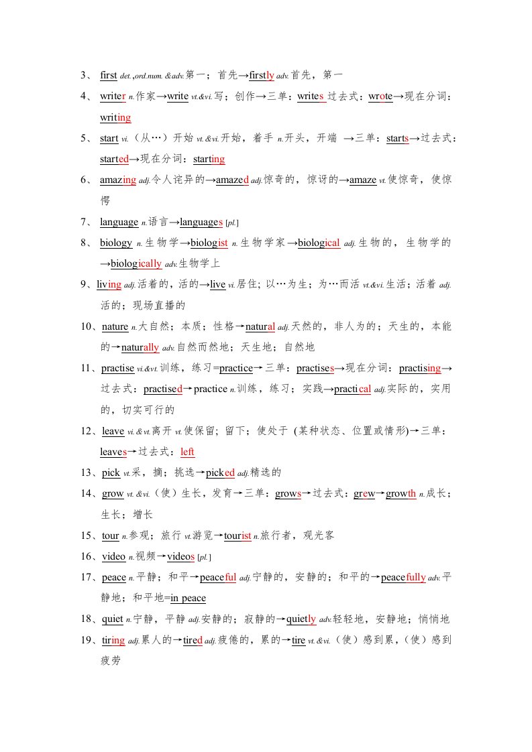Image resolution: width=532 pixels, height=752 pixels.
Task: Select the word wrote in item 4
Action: click(x=380, y=97)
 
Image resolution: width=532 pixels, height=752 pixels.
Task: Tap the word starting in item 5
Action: click(x=209, y=160)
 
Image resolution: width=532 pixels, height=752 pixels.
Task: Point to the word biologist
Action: click(x=210, y=243)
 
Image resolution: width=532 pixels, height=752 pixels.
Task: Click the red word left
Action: click(x=187, y=452)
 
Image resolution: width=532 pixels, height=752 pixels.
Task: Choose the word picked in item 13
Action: click(x=220, y=473)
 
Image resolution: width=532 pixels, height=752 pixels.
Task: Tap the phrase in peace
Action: click(x=188, y=598)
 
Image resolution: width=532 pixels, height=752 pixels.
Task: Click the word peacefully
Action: click(x=403, y=577)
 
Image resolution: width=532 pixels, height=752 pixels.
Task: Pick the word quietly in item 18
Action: click(x=301, y=619)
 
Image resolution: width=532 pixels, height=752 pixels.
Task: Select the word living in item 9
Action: click(x=109, y=285)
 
